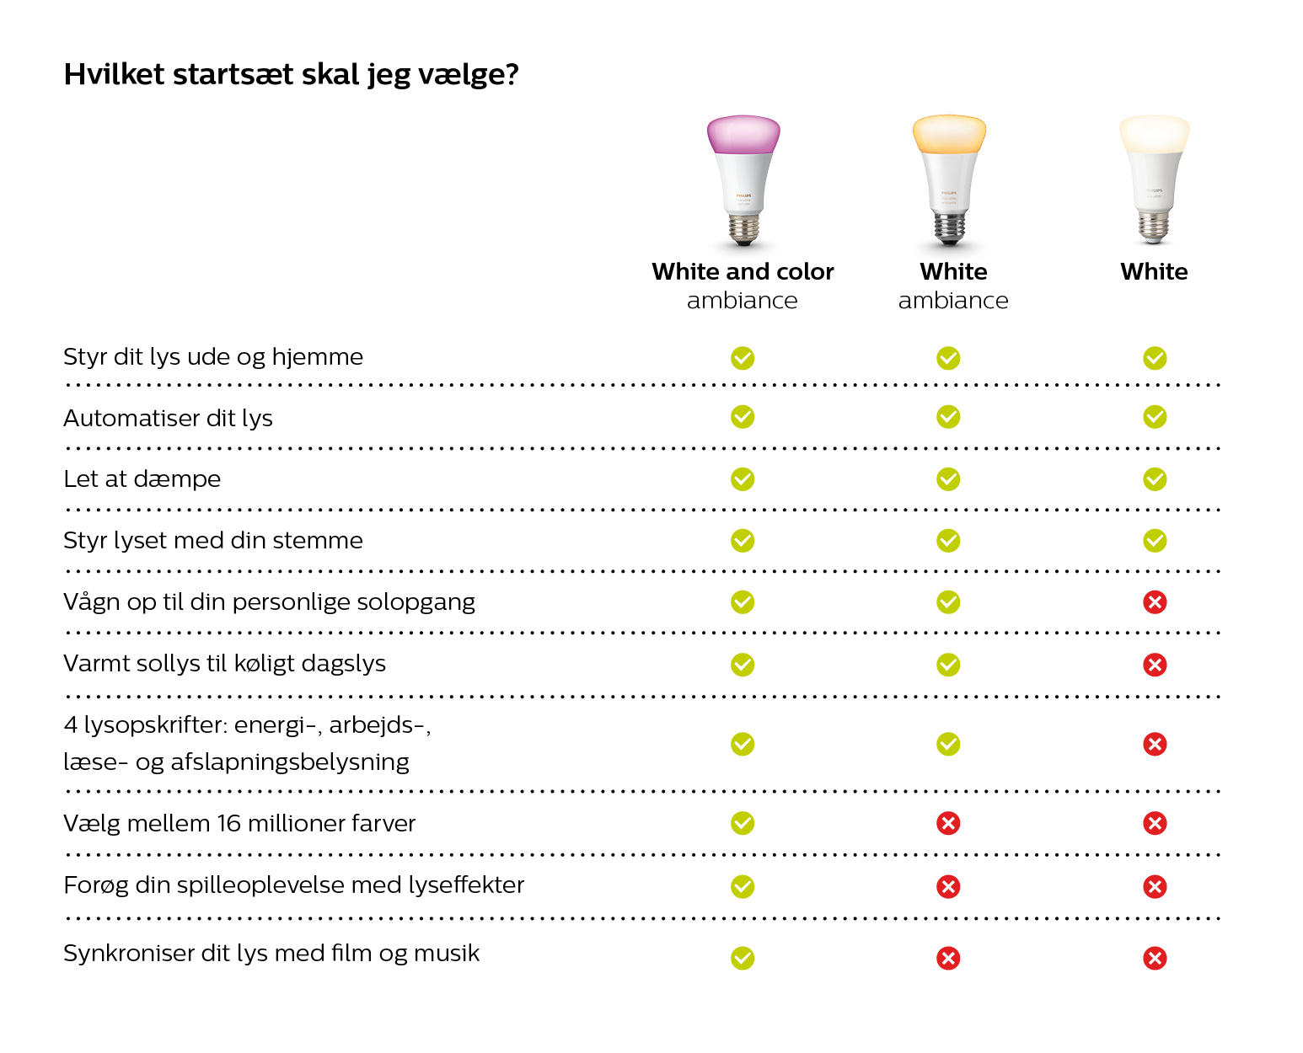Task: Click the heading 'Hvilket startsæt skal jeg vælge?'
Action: [291, 74]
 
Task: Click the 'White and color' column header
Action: [743, 271]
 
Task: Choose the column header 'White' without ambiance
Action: [1154, 271]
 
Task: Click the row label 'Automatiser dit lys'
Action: [168, 419]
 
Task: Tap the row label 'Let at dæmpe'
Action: [142, 479]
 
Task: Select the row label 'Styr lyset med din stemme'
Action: [213, 541]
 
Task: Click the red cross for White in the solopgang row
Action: [1155, 602]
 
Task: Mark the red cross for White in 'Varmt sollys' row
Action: [1155, 665]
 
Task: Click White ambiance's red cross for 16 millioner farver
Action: [948, 823]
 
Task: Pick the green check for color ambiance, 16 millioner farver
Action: [743, 823]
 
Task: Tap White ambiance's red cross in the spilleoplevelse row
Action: [948, 886]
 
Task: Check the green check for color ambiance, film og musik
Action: [743, 958]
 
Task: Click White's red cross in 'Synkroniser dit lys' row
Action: [1155, 958]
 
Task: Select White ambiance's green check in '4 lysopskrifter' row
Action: [948, 744]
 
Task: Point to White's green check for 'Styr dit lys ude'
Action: [1155, 358]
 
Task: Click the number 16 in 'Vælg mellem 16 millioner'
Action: [229, 824]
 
